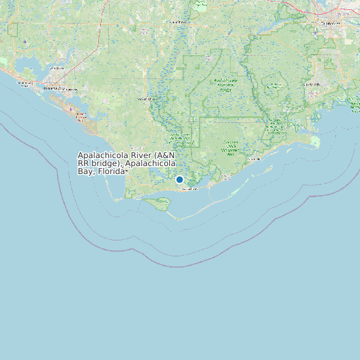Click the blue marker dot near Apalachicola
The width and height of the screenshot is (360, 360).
[x=179, y=179]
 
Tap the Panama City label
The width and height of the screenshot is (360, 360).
[x=54, y=88]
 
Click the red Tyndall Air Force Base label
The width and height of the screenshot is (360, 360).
[x=82, y=117]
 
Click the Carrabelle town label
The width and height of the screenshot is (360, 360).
[x=253, y=159]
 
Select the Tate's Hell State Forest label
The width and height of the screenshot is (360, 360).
[x=230, y=146]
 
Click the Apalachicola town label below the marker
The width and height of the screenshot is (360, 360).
[x=189, y=189]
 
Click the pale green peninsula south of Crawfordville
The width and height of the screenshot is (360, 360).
[x=314, y=141]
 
